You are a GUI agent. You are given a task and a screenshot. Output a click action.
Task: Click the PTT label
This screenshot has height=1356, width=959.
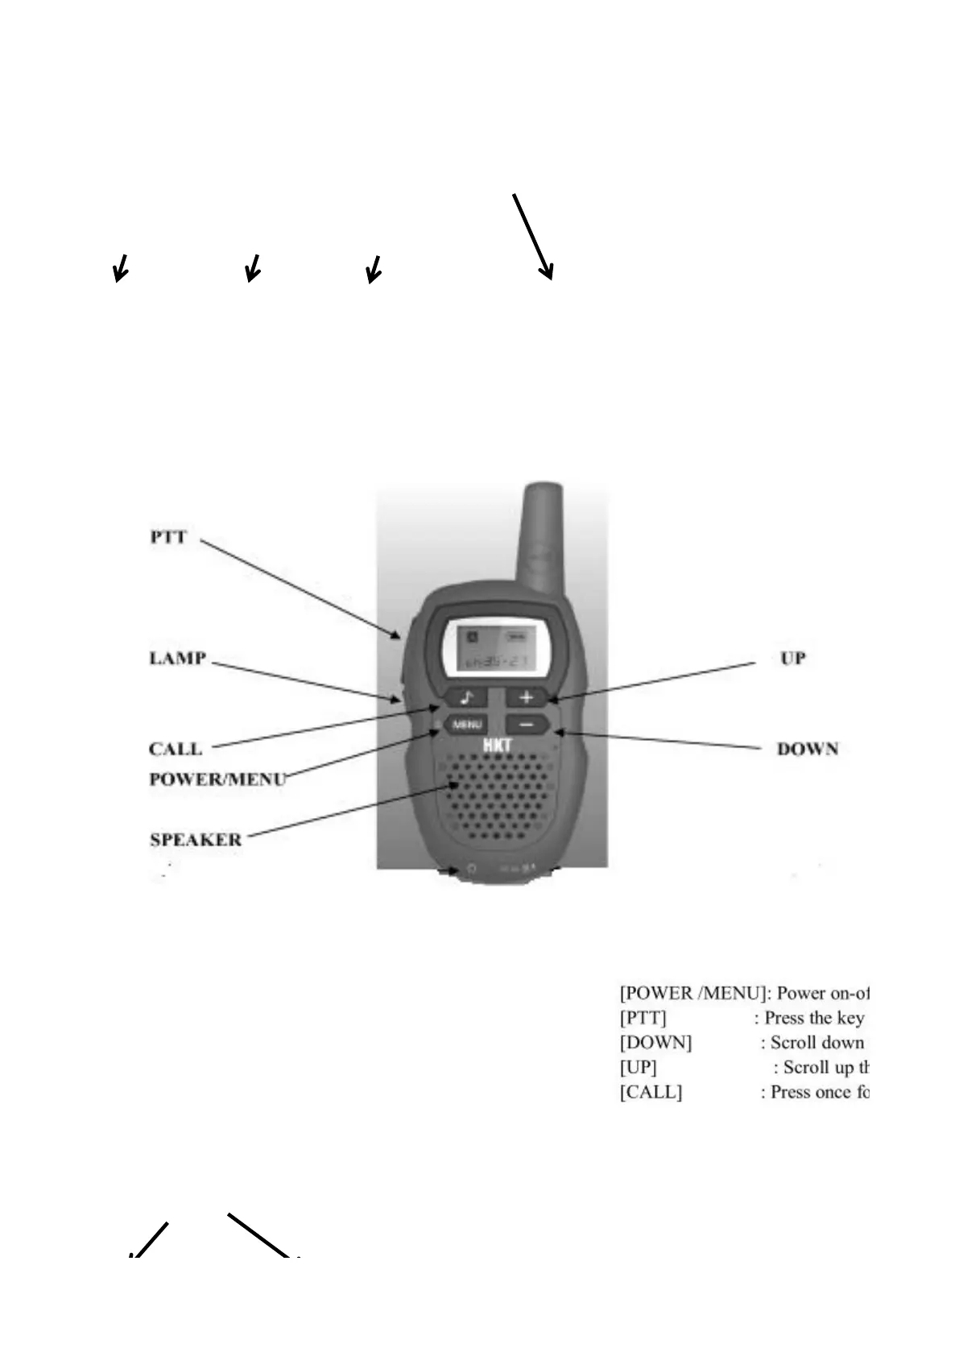pos(168,537)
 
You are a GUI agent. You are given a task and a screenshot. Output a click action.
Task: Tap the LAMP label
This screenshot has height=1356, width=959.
pos(178,658)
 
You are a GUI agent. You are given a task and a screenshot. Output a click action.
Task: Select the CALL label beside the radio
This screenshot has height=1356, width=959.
pos(176,749)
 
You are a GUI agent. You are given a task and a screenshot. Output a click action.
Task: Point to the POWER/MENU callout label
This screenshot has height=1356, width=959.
pos(217,779)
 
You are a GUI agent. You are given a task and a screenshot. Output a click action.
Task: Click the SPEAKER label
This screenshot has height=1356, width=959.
pos(196,840)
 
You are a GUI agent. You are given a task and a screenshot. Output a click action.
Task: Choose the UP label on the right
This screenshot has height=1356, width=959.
pos(792,658)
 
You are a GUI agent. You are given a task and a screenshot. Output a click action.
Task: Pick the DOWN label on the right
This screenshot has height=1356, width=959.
pos(807,749)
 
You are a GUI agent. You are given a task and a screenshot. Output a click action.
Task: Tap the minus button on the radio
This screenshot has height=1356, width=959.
pos(526,725)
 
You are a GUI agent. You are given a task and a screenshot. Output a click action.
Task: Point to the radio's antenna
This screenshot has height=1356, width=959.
pos(542,531)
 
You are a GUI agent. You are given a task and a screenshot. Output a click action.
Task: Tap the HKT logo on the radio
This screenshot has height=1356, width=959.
pos(497,746)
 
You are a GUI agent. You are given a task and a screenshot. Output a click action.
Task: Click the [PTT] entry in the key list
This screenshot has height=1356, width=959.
pos(643,1018)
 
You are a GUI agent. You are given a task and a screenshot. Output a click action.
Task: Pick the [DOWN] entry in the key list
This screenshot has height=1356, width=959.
pos(655,1043)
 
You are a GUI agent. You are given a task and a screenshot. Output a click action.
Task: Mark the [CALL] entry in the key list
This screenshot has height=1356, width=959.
pos(651,1093)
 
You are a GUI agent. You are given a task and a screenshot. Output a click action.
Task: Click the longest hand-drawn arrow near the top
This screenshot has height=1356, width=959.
pos(532,236)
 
